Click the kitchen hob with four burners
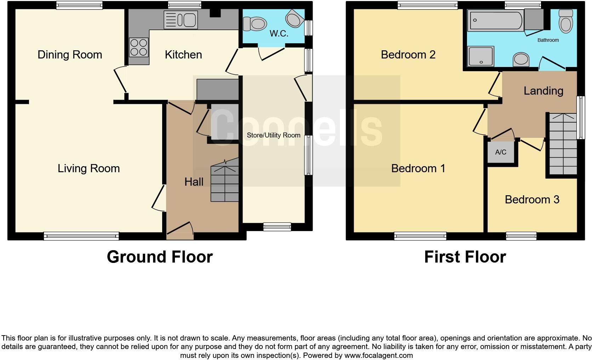pyautogui.click(x=139, y=47)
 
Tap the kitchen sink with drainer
pyautogui.click(x=180, y=19)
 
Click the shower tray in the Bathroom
pyautogui.click(x=480, y=57)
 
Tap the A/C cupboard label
pyautogui.click(x=501, y=152)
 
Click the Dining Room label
pyautogui.click(x=70, y=55)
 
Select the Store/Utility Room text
pyautogui.click(x=273, y=135)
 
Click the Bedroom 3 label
pyautogui.click(x=532, y=199)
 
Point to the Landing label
pyautogui.click(x=543, y=91)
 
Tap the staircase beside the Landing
pyautogui.click(x=563, y=144)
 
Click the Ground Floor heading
pyautogui.click(x=160, y=257)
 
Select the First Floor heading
pyautogui.click(x=465, y=257)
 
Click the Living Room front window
pyautogui.click(x=81, y=236)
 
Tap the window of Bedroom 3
pyautogui.click(x=521, y=236)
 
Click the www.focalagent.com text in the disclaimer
pyautogui.click(x=378, y=355)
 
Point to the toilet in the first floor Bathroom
pyautogui.click(x=565, y=21)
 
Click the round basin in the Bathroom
pyautogui.click(x=521, y=60)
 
